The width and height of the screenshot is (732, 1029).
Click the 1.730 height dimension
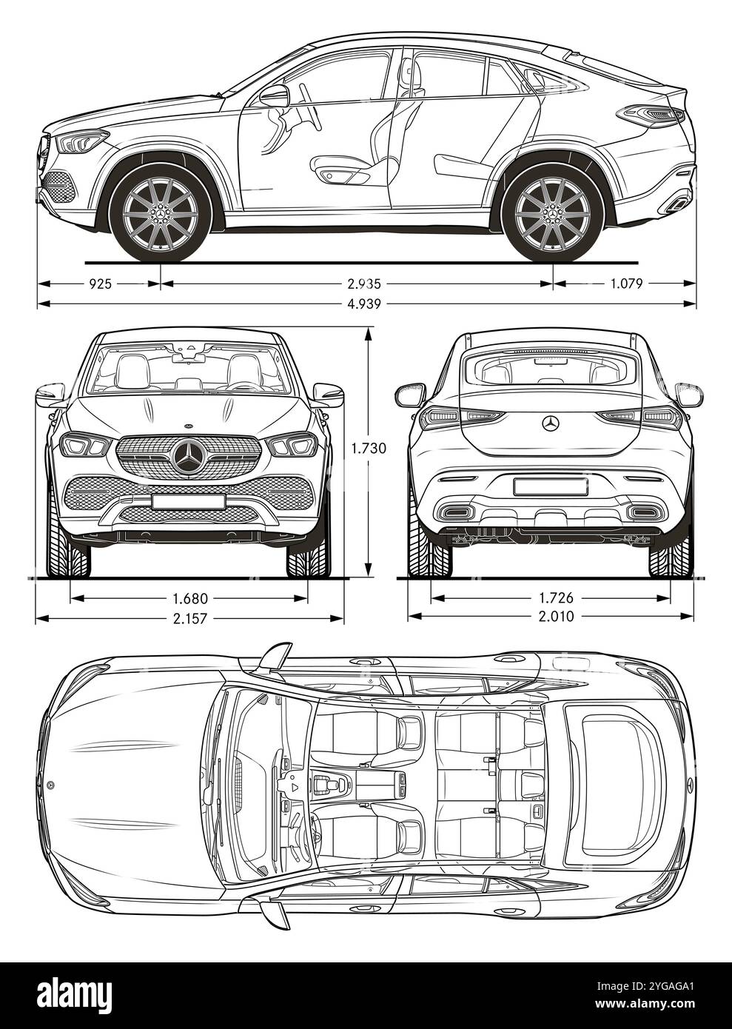coord(369,447)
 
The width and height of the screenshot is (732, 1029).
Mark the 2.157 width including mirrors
coord(189,617)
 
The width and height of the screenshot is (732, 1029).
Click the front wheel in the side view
coord(160,212)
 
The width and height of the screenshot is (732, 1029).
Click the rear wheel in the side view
coord(552,212)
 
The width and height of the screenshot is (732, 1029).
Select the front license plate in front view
coord(189,501)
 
